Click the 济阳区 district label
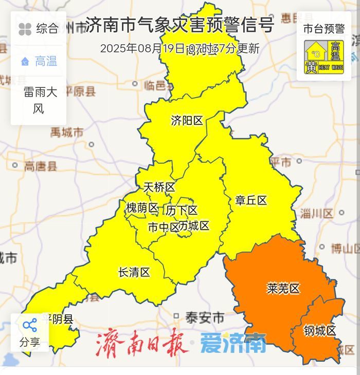pos(187,121)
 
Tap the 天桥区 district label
pos(159,188)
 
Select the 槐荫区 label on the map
pos(142,208)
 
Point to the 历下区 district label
pos(182,211)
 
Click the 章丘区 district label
pos(251,200)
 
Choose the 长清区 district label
pos(134,272)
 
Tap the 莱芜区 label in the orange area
pos(283,289)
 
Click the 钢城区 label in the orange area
pos(319,331)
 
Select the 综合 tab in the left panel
pos(39,29)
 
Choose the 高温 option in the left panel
pos(39,62)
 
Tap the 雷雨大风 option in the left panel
pos(39,101)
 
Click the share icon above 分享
pos(29,325)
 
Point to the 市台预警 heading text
pos(324,28)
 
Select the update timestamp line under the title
pos(179,49)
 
